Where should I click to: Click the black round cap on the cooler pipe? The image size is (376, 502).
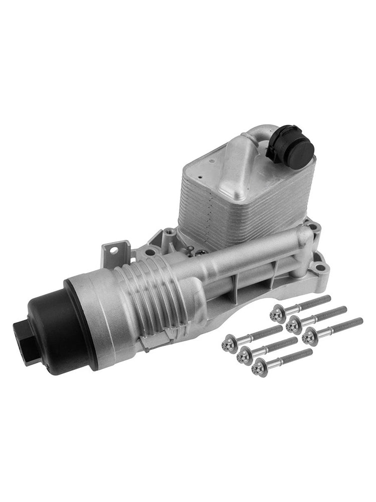(290, 144)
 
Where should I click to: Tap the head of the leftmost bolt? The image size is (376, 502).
(231, 342)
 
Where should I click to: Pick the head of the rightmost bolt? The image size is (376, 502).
(311, 336)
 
